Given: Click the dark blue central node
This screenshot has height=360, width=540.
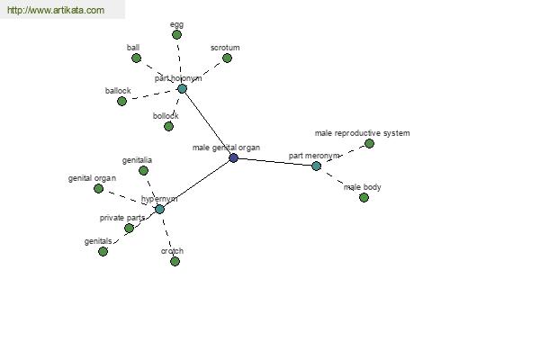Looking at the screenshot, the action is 233,157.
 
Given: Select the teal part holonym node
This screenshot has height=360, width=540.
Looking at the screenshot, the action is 182,88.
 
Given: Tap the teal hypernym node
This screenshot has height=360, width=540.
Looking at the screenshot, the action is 159,209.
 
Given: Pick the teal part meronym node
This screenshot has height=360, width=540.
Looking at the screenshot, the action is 316,166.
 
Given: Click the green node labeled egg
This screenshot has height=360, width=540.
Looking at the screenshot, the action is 176,34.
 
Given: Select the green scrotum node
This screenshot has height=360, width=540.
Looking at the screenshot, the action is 227,58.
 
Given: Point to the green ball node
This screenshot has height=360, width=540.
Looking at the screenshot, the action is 137,58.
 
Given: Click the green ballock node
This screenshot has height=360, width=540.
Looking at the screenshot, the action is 121,102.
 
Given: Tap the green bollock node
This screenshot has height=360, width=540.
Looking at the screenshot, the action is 168,126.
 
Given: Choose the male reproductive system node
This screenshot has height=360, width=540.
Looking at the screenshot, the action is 369,143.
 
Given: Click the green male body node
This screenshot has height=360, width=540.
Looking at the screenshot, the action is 364,197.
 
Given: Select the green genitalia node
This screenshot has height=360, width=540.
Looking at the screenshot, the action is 143,170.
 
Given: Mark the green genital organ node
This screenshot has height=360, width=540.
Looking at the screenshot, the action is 98,188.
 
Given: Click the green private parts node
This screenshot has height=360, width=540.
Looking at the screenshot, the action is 129,228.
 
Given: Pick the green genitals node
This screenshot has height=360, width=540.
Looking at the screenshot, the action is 103,251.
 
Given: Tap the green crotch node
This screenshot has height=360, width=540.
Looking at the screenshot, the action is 175,261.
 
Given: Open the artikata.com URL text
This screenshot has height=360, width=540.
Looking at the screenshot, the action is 56,10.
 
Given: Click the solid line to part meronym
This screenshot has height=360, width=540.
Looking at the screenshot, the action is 274,162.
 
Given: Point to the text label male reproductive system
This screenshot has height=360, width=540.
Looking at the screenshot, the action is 363,133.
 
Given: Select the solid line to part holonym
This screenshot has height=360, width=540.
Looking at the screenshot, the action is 208,123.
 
